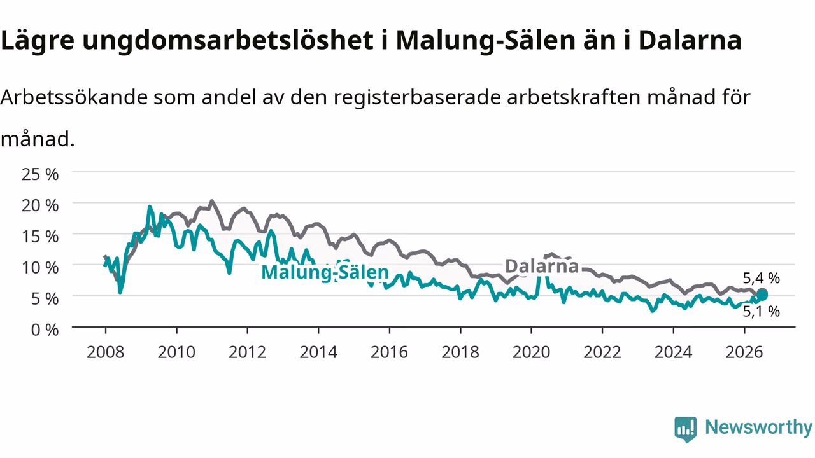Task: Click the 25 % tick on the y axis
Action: click(40, 174)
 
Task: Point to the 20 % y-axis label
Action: click(40, 205)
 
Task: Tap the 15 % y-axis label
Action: click(40, 237)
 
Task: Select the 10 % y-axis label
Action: click(40, 268)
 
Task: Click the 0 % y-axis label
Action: click(45, 330)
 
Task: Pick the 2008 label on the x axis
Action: click(106, 352)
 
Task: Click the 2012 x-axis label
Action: click(248, 352)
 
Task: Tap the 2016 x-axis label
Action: click(389, 352)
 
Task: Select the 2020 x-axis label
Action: click(531, 352)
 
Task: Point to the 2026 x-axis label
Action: click(744, 352)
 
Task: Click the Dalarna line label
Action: click(542, 266)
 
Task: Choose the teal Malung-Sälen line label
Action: click(325, 272)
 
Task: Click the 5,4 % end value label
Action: click(761, 279)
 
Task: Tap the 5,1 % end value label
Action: click(761, 312)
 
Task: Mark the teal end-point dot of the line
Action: click(762, 295)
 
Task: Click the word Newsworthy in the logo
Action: click(758, 427)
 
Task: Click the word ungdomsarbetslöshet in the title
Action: click(228, 41)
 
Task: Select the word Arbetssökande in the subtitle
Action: click(74, 97)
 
